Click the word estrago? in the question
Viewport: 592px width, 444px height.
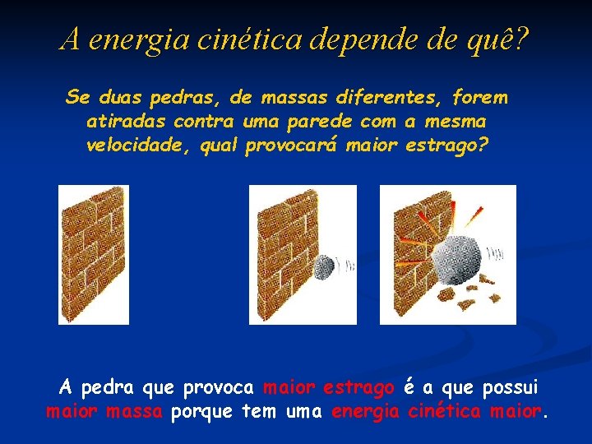tap(448, 146)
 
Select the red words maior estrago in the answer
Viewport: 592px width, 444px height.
tap(328, 387)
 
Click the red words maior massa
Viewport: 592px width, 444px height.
tap(104, 411)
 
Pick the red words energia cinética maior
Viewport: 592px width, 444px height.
tap(437, 411)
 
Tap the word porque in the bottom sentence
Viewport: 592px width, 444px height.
tap(203, 411)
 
